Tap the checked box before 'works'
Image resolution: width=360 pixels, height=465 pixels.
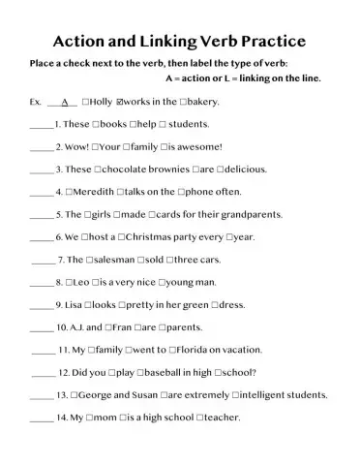[119, 102]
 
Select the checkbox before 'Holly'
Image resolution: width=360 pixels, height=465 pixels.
[87, 102]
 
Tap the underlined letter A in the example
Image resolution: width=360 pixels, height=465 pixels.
[64, 102]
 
